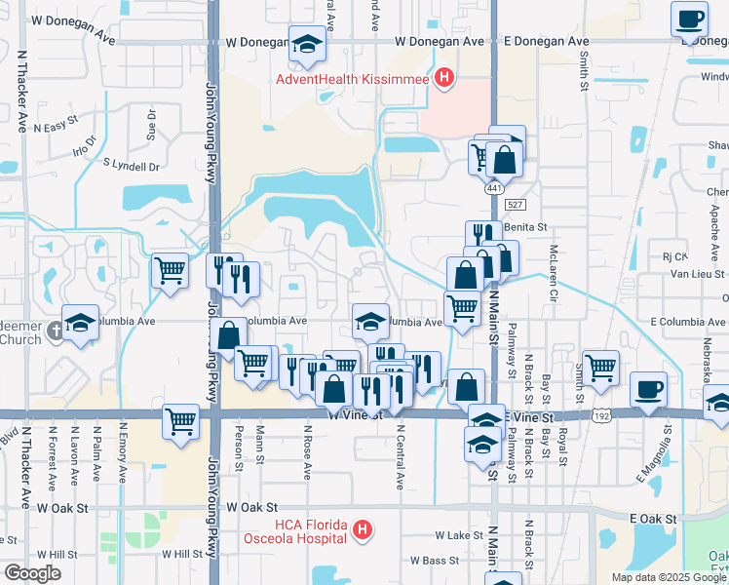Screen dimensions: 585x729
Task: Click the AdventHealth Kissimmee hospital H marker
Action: click(444, 79)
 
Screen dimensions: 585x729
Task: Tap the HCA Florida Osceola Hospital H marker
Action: click(362, 531)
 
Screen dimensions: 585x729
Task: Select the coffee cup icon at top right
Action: click(690, 19)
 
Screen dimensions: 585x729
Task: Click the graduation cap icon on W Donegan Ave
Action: click(307, 44)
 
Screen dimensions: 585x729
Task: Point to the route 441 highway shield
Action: click(495, 186)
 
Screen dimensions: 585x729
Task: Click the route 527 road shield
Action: click(517, 204)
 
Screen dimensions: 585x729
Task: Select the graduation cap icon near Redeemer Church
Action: click(81, 323)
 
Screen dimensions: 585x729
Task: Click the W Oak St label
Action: click(252, 508)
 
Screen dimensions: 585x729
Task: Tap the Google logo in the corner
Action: click(32, 573)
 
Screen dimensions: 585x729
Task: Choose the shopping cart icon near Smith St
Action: click(600, 368)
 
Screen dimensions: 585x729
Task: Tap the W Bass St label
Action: click(435, 561)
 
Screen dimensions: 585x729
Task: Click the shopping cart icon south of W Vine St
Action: click(181, 423)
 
